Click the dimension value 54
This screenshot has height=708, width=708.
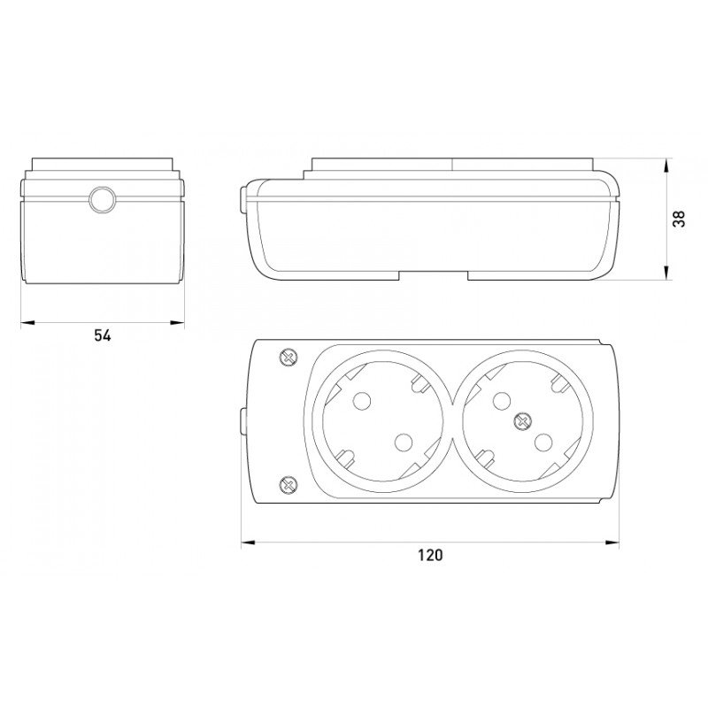click(x=103, y=335)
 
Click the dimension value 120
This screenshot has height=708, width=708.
click(x=430, y=555)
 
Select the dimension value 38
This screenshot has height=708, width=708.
click(x=679, y=219)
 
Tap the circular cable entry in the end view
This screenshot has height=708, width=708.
click(x=103, y=199)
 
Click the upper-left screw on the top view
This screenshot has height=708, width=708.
click(x=289, y=358)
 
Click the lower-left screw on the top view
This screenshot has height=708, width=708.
click(x=289, y=485)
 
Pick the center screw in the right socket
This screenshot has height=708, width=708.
click(x=522, y=421)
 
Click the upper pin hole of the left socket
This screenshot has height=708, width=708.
click(x=362, y=401)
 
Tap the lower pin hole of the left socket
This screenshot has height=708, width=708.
click(x=404, y=442)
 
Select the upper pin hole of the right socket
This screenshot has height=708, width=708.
click(x=501, y=401)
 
